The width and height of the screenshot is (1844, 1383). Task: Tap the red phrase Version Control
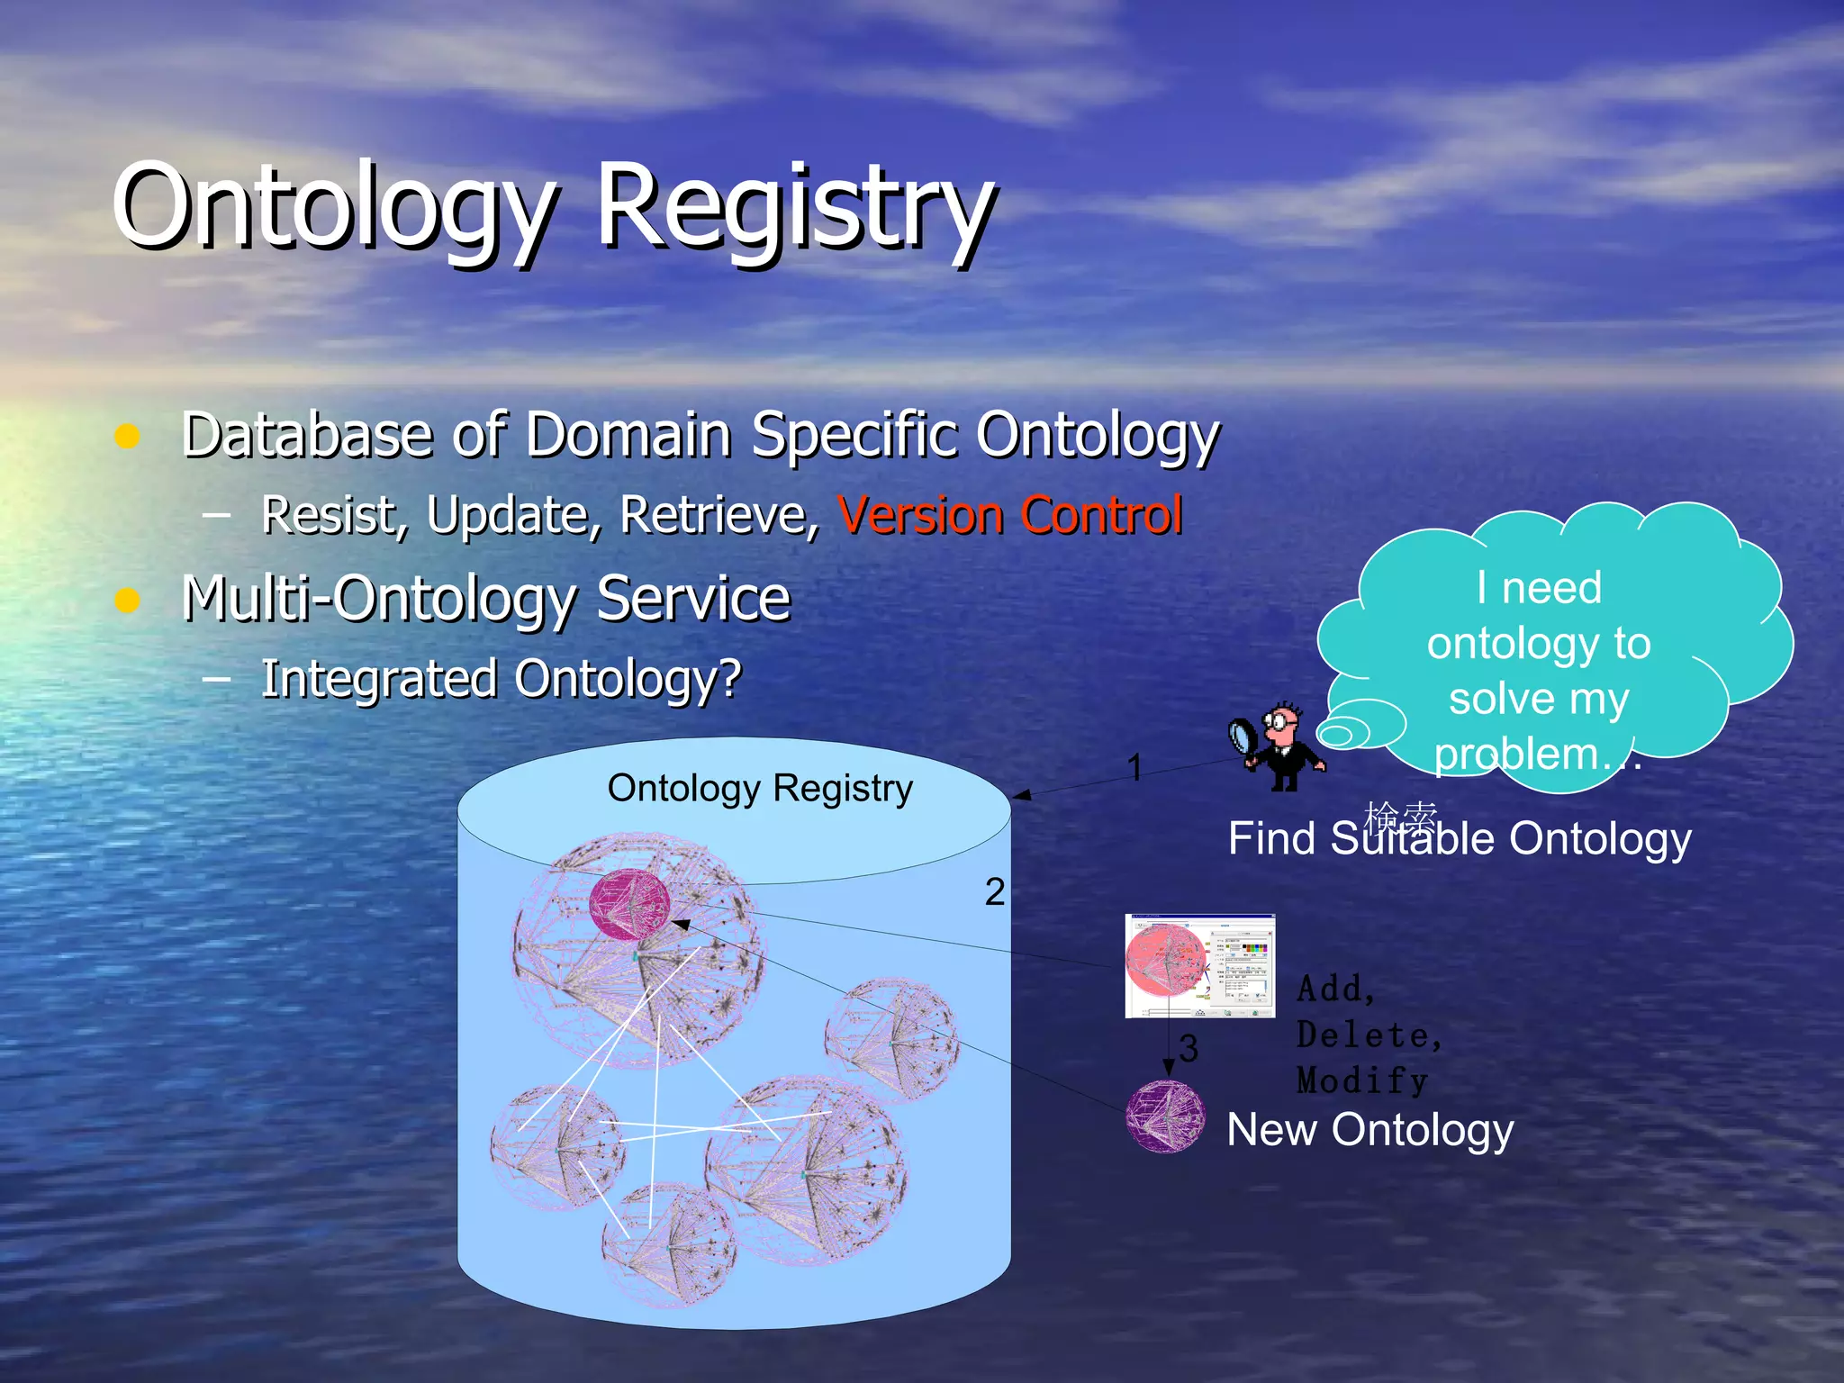1009,516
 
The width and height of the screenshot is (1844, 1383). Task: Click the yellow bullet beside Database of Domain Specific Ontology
128,436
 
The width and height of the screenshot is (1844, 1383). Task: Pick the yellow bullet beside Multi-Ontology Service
128,600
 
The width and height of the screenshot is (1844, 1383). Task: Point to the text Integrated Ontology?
501,679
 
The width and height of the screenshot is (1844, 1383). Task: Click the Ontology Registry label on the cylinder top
760,789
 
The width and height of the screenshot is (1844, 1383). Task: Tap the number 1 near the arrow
1134,767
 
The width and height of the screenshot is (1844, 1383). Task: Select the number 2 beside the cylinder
994,892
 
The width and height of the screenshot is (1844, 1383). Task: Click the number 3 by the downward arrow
1189,1048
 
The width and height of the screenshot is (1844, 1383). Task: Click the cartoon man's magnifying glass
1246,735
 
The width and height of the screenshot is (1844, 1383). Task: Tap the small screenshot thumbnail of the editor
1199,965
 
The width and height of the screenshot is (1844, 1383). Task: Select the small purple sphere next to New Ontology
1165,1116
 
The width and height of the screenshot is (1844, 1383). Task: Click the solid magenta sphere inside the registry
629,905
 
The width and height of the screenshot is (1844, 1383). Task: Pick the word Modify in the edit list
1361,1080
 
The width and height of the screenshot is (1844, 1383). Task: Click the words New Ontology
1369,1130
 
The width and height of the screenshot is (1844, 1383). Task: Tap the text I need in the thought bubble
1539,588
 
